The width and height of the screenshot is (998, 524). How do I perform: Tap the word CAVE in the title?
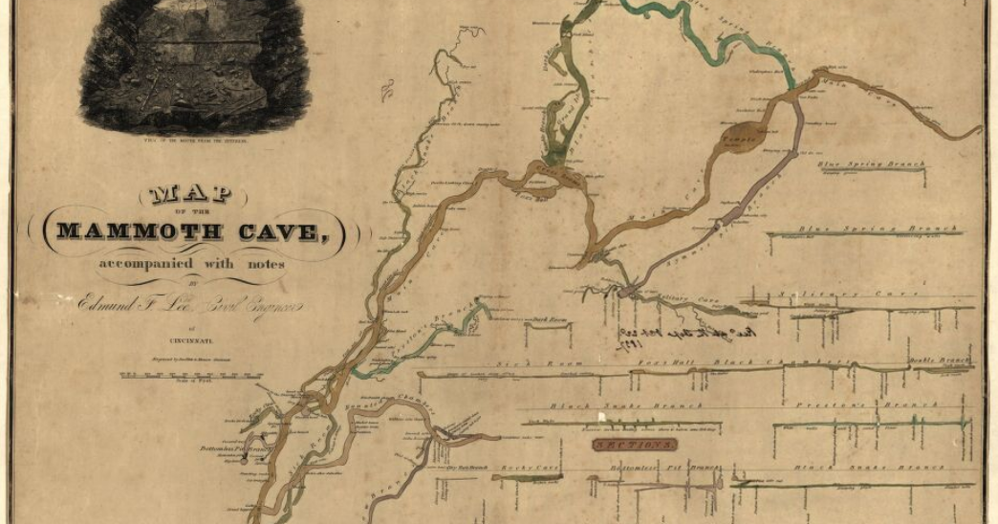(288, 230)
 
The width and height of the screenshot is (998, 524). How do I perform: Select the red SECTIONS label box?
(634, 445)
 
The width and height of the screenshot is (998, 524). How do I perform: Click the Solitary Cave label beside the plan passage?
(693, 300)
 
